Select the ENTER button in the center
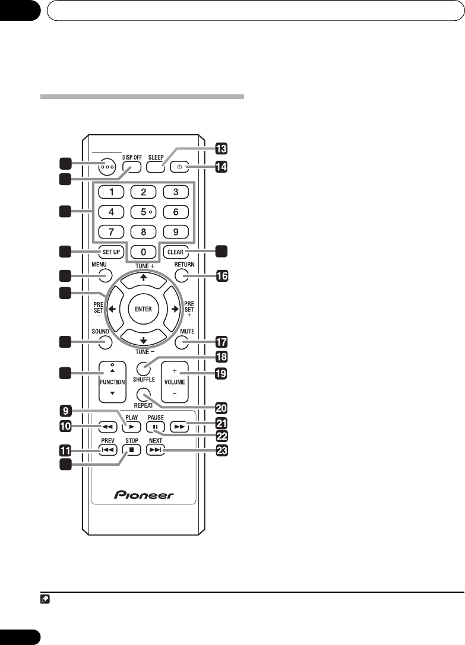pos(143,309)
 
